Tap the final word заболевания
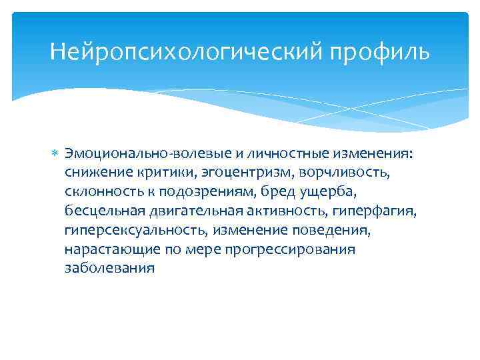pos(109,269)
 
